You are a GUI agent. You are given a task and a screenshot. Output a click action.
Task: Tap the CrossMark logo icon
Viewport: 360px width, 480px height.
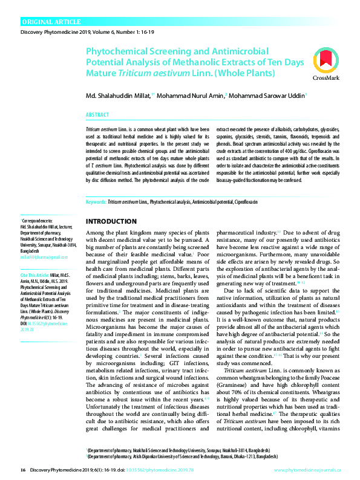pyautogui.click(x=326, y=65)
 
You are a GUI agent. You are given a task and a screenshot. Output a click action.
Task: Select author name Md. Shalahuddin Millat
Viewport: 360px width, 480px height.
pyautogui.click(x=116, y=96)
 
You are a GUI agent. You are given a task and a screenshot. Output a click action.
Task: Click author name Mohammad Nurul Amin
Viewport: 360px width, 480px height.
pyautogui.click(x=189, y=96)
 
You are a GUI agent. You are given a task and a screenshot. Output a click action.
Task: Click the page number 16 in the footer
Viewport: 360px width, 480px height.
pyautogui.click(x=24, y=470)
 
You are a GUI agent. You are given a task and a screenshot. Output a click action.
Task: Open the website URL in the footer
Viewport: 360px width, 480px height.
pyautogui.click(x=307, y=470)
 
